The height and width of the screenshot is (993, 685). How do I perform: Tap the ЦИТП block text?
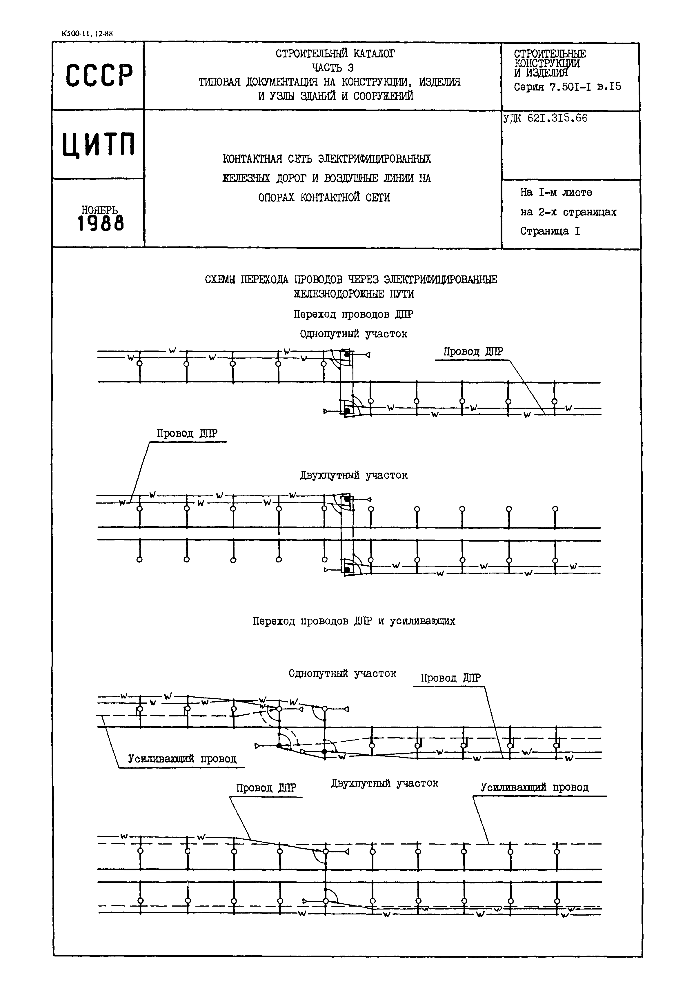(98, 144)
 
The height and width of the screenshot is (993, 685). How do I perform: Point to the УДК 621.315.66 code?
(545, 119)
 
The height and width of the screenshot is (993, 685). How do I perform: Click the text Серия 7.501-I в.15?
(567, 87)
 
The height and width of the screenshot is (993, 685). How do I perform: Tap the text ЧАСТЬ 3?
(332, 67)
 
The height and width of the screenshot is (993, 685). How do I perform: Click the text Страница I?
(550, 231)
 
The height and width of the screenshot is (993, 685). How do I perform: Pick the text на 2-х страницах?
(568, 212)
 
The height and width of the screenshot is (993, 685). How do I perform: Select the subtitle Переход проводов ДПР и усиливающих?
(354, 621)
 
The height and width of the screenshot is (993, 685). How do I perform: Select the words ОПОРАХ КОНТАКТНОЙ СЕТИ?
(324, 197)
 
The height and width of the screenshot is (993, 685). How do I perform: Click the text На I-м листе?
(556, 193)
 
